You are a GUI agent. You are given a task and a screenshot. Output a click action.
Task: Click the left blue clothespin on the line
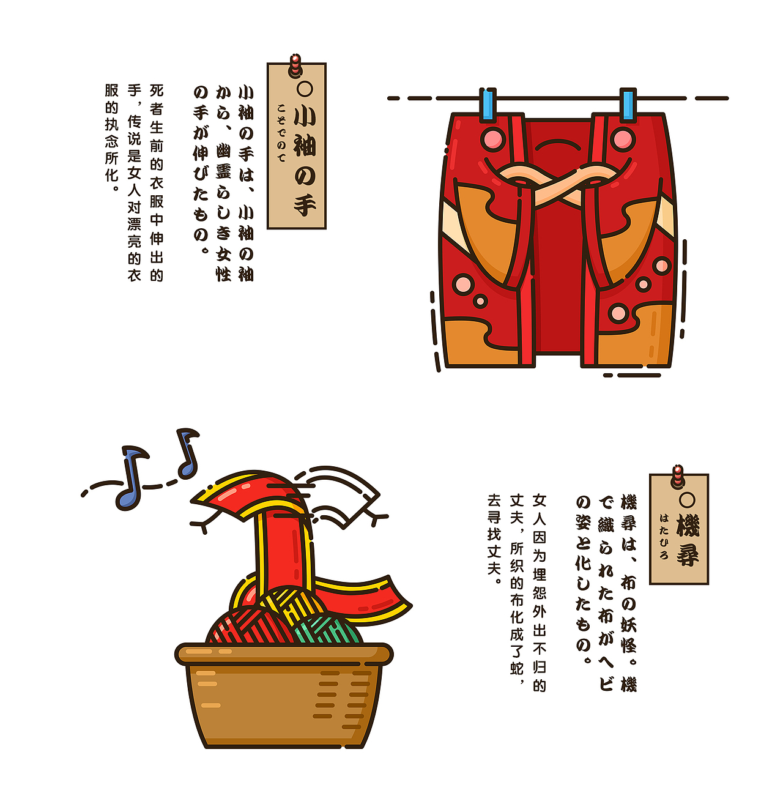click(488, 104)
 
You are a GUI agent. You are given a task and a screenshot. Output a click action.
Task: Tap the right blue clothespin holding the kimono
click(628, 105)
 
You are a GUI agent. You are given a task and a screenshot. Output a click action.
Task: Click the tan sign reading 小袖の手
click(297, 147)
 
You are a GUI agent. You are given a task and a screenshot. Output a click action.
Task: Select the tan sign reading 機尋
click(679, 530)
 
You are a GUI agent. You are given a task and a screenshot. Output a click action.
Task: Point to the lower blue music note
click(131, 478)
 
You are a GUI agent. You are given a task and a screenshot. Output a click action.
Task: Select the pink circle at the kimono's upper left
click(491, 139)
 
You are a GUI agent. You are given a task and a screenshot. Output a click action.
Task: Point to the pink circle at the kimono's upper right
click(622, 139)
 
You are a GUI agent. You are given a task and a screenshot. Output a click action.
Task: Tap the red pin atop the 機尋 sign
click(678, 475)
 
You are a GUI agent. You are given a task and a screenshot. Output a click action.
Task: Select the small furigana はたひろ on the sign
click(664, 536)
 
